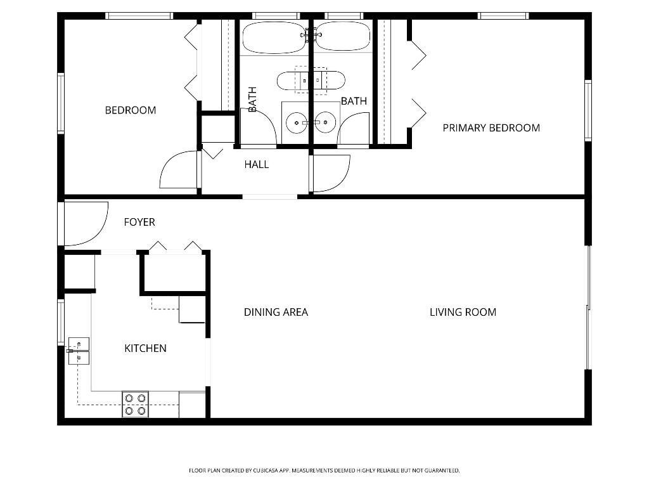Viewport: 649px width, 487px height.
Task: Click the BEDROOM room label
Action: coord(130,110)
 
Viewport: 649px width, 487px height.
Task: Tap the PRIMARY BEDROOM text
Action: coord(491,128)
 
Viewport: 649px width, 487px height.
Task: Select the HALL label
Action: coord(256,165)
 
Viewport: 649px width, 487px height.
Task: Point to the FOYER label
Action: coord(139,223)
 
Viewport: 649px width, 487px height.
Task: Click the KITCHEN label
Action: coord(145,348)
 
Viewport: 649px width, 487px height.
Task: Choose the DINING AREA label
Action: coord(276,312)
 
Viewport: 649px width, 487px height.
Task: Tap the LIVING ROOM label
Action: coord(463,312)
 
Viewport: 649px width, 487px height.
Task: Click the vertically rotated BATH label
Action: coord(252,100)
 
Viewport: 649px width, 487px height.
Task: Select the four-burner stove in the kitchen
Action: coord(135,405)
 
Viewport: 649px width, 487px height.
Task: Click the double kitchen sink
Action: coord(79,351)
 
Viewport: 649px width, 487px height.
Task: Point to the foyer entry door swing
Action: coord(86,223)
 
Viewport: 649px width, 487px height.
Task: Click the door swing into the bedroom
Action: coord(179,170)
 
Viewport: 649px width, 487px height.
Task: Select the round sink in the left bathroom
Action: coord(296,121)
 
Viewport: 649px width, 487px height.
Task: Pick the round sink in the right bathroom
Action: coord(325,121)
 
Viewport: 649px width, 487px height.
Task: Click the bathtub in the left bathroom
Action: coord(274,37)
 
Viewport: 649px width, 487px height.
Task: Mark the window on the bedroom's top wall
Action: coord(139,16)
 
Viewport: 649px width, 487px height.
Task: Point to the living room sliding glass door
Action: coord(588,308)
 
